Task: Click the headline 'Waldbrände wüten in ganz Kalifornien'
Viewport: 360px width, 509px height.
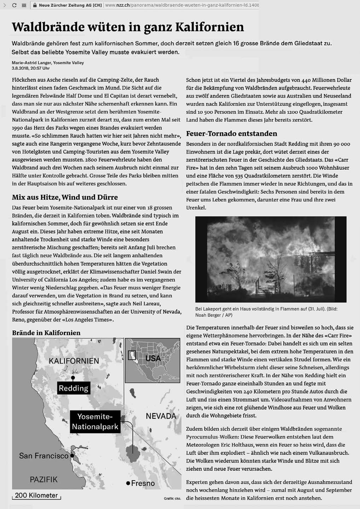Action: pyautogui.click(x=128, y=27)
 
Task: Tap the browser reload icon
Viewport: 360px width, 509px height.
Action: pyautogui.click(x=14, y=5)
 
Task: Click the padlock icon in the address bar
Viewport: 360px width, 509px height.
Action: pyautogui.click(x=35, y=5)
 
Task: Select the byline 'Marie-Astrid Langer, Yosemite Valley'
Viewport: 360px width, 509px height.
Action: pyautogui.click(x=48, y=63)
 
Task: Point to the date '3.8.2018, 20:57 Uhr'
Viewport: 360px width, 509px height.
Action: pyautogui.click(x=31, y=68)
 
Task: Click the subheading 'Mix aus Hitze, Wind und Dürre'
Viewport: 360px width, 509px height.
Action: pyautogui.click(x=65, y=197)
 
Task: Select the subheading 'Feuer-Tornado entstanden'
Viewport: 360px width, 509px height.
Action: pyautogui.click(x=231, y=133)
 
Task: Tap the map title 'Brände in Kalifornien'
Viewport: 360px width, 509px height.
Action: pyautogui.click(x=46, y=333)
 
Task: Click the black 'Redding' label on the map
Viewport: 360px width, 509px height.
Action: pyautogui.click(x=74, y=388)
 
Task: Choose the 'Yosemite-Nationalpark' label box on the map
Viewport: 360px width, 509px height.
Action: pyautogui.click(x=95, y=422)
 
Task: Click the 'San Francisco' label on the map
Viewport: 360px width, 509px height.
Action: pyautogui.click(x=43, y=456)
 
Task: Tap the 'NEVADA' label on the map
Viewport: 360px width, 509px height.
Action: pyautogui.click(x=161, y=416)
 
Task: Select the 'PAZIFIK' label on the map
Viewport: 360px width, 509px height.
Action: pyautogui.click(x=43, y=480)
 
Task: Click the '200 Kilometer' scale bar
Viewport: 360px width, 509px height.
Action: pyautogui.click(x=36, y=496)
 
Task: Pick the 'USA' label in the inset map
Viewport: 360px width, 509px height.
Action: pyautogui.click(x=153, y=359)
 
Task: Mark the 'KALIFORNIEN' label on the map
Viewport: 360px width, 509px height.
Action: pyautogui.click(x=74, y=361)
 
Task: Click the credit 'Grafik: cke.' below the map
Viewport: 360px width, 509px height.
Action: pyautogui.click(x=172, y=498)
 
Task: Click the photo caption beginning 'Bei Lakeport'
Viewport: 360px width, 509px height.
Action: pyautogui.click(x=266, y=312)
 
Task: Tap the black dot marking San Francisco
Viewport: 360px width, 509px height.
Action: pyautogui.click(x=72, y=456)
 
